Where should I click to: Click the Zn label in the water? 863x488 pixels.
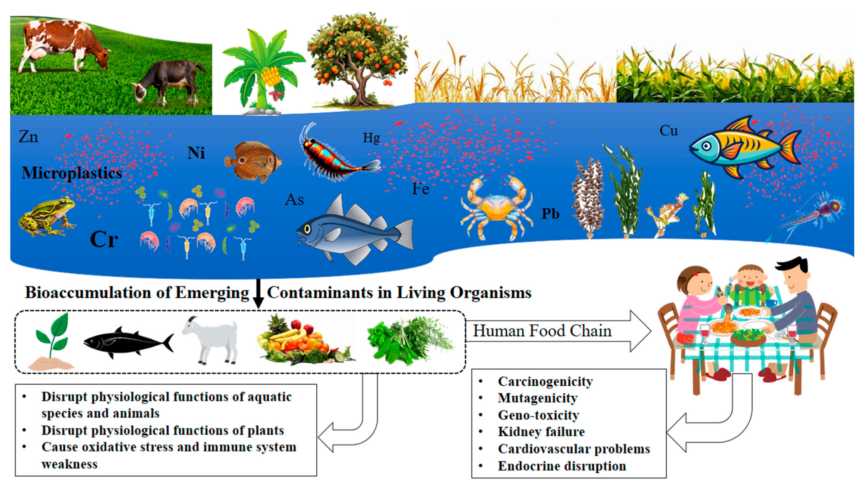(28, 137)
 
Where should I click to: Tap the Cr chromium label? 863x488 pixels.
(104, 239)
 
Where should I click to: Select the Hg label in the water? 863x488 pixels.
(371, 138)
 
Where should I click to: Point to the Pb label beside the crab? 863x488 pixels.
(550, 213)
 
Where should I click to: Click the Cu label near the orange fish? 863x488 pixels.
(668, 131)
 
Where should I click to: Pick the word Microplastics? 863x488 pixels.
(72, 173)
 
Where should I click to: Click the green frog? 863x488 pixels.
(47, 216)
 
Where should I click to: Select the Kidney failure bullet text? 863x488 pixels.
(541, 432)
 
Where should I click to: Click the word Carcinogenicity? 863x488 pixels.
(545, 381)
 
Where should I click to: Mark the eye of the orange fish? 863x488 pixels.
(706, 146)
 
